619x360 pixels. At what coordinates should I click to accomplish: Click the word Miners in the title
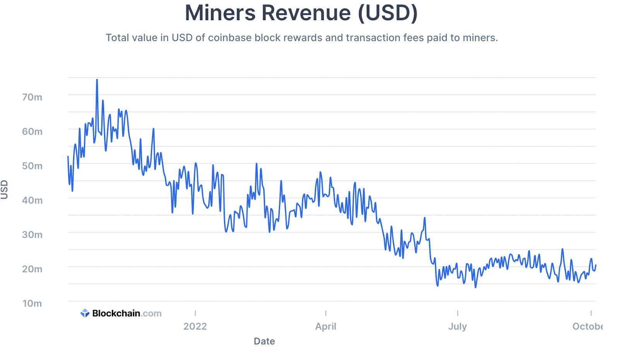[x=220, y=13]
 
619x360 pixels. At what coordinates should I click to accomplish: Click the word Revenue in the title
[x=306, y=13]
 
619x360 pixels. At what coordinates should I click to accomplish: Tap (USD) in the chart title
[x=388, y=13]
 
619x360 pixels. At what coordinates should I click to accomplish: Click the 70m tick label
[x=32, y=97]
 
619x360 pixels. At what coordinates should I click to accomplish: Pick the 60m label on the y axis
[x=32, y=132]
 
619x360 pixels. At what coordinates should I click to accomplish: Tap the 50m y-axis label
[x=32, y=166]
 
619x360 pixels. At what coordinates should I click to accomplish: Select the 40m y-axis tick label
[x=32, y=201]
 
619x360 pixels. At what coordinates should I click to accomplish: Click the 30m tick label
[x=32, y=235]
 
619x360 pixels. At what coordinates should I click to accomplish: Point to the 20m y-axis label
[x=32, y=269]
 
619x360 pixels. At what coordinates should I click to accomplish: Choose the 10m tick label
[x=32, y=303]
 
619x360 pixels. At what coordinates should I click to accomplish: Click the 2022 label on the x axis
[x=195, y=326]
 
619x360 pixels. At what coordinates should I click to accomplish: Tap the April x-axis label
[x=326, y=326]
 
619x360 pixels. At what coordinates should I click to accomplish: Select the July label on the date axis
[x=458, y=326]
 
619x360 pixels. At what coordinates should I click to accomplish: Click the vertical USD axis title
[x=4, y=190]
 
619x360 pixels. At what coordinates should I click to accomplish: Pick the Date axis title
[x=264, y=341]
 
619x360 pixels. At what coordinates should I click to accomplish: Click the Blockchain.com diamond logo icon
[x=85, y=313]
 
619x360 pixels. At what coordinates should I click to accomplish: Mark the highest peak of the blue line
[x=97, y=80]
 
